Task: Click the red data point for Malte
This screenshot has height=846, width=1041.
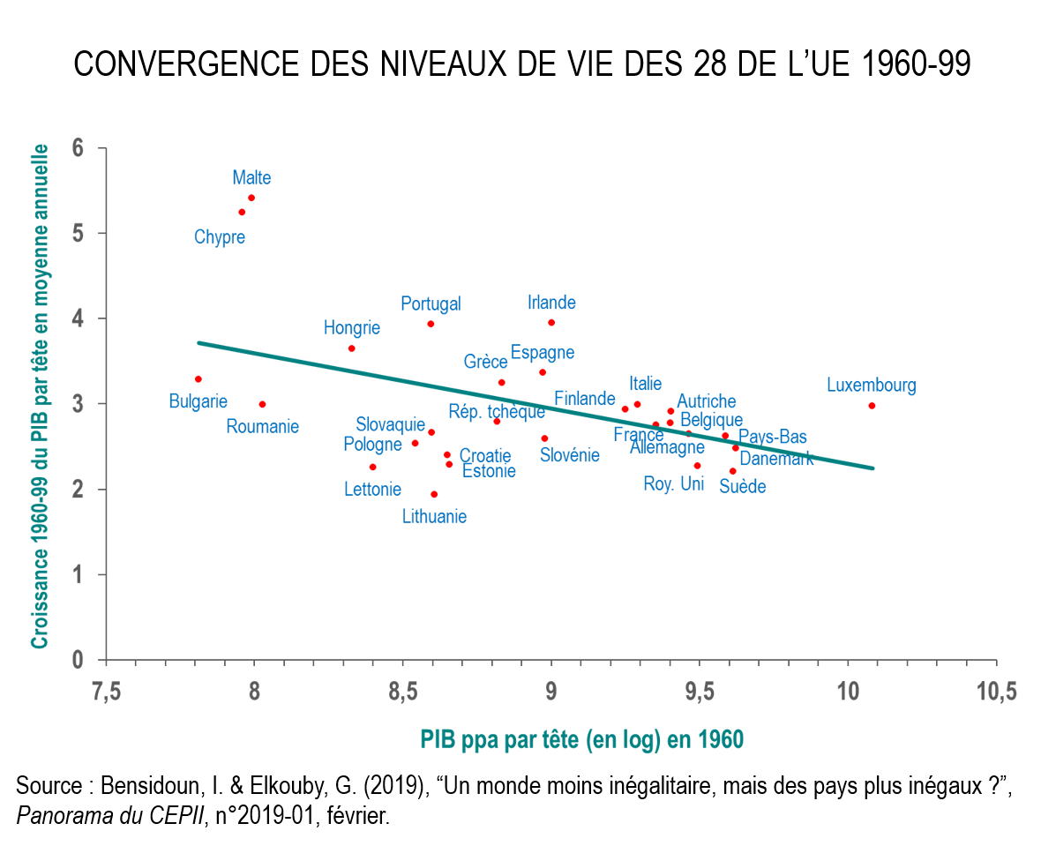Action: click(x=251, y=198)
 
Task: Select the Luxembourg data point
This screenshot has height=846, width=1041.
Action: click(x=872, y=405)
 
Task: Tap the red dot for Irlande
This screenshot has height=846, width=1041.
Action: click(x=551, y=322)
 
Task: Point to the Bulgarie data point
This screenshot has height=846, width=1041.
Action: click(x=198, y=378)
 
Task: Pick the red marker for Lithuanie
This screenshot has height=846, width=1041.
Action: click(x=433, y=494)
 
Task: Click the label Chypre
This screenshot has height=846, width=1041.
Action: click(x=220, y=237)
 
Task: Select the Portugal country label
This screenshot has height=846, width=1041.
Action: click(x=431, y=303)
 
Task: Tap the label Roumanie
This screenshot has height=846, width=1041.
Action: click(x=262, y=427)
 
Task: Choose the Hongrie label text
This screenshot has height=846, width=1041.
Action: click(x=352, y=328)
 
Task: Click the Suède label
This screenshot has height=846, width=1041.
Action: click(x=742, y=486)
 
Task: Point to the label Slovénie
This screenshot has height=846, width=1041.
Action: click(x=570, y=455)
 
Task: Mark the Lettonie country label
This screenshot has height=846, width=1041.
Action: click(x=372, y=489)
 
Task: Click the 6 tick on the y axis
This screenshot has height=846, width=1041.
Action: click(x=78, y=148)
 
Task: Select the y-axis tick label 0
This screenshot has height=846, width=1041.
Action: click(x=78, y=660)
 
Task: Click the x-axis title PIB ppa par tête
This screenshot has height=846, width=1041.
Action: click(x=581, y=739)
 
